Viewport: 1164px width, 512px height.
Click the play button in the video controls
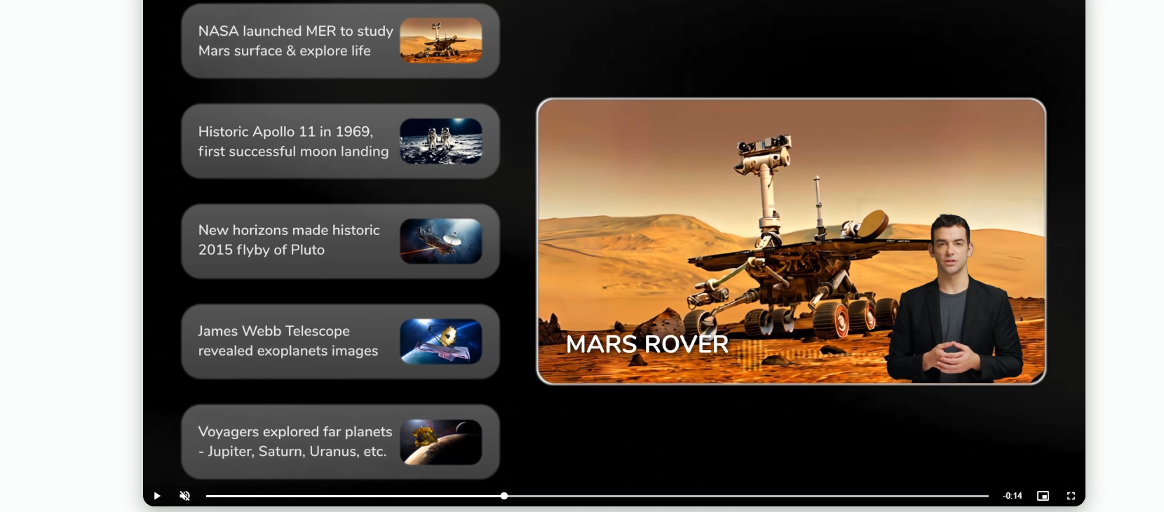pyautogui.click(x=157, y=496)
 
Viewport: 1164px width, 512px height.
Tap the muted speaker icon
pyautogui.click(x=184, y=496)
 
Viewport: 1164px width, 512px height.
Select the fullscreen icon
pyautogui.click(x=1071, y=496)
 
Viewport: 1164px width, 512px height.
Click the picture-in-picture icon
pyautogui.click(x=1043, y=496)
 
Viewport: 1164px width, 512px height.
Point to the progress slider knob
pyautogui.click(x=504, y=496)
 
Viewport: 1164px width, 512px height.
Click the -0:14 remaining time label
pyautogui.click(x=1013, y=496)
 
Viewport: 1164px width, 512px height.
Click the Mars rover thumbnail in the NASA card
pyautogui.click(x=440, y=41)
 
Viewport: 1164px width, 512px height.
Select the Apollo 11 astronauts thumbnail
pyautogui.click(x=440, y=141)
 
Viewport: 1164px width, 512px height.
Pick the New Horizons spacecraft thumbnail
pyautogui.click(x=440, y=241)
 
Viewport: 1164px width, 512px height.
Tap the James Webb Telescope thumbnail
pyautogui.click(x=440, y=342)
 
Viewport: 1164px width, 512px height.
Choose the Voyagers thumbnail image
pyautogui.click(x=440, y=443)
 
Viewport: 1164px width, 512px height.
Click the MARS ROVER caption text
pyautogui.click(x=647, y=344)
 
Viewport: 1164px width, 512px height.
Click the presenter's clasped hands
pyautogui.click(x=952, y=357)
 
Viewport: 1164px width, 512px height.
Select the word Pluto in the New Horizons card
pyautogui.click(x=308, y=250)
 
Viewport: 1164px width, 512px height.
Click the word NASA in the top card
pyautogui.click(x=218, y=31)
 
